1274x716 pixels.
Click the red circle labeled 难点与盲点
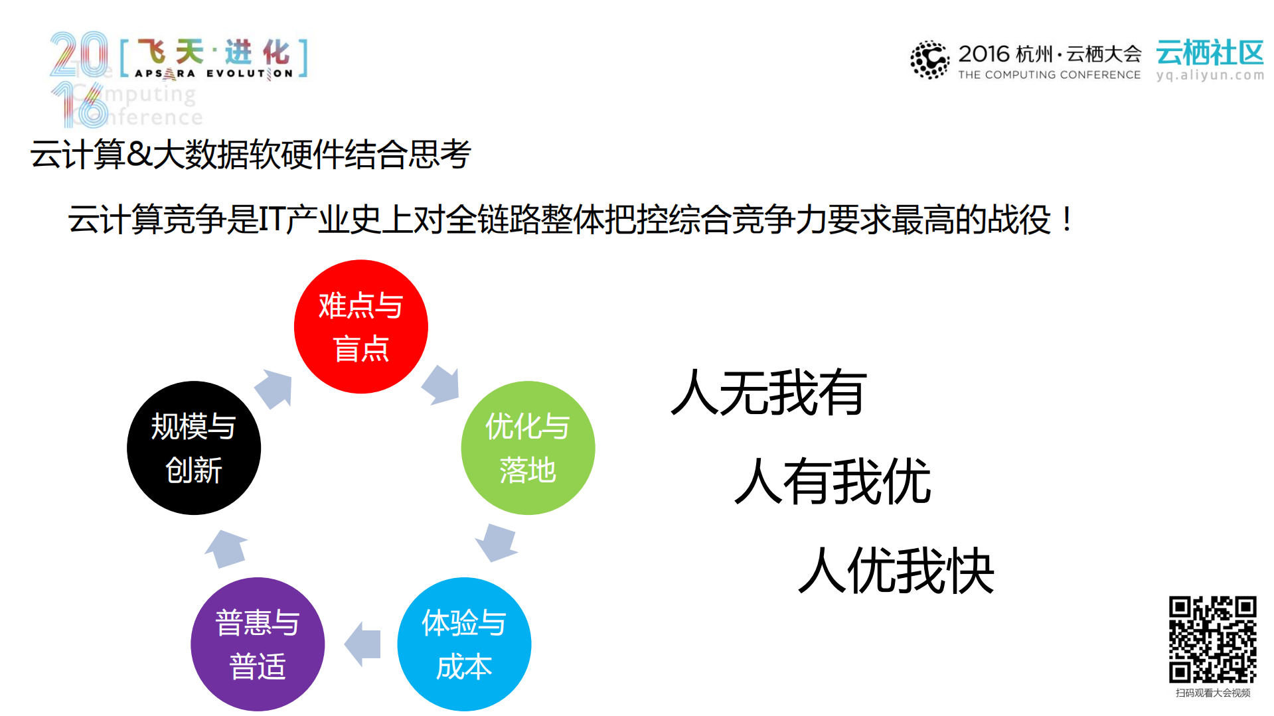360,326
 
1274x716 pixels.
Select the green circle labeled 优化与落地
528,448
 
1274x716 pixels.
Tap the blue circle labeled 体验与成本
464,644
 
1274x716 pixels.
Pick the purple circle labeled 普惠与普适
258,644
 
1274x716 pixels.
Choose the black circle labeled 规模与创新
194,448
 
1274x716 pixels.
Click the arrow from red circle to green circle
441,385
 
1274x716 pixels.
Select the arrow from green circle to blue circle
497,541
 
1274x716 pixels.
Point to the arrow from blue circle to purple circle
363,644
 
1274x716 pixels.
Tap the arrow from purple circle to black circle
226,548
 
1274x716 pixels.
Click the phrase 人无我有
769,393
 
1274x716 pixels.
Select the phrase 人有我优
833,482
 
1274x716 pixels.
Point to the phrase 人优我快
896,571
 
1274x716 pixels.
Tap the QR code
1212,639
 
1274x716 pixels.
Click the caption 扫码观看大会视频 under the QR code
1212,693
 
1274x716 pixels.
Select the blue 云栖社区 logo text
1210,52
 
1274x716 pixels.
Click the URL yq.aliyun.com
1210,75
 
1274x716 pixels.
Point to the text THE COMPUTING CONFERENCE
1049,75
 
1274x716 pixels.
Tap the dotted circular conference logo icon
929,60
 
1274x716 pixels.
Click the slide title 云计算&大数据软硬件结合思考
250,155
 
